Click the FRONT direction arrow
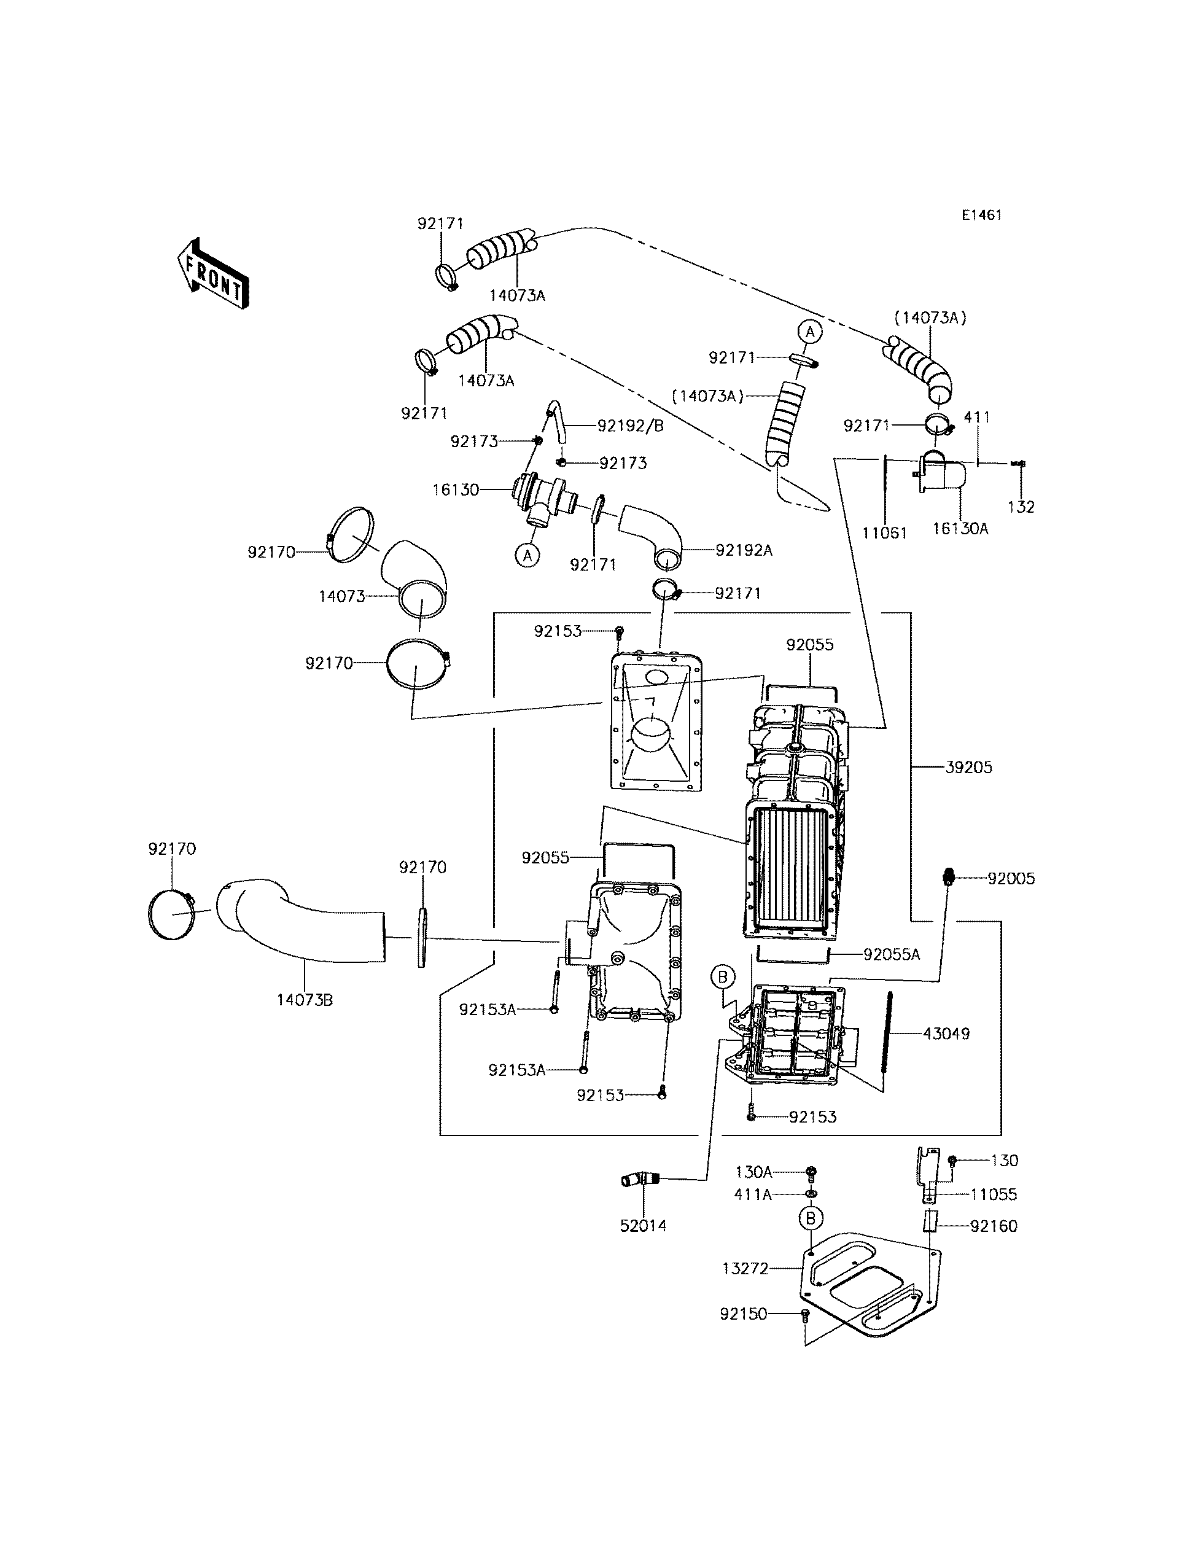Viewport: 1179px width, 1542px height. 212,274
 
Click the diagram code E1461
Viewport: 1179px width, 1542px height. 981,216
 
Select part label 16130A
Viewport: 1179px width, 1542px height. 960,529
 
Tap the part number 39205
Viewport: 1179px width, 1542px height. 968,767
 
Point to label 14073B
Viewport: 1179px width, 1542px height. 305,1000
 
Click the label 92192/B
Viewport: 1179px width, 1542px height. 630,426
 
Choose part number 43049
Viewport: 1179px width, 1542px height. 946,1033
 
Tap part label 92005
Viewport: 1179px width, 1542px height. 1011,878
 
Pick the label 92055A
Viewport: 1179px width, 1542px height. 891,954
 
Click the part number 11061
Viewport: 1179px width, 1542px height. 885,532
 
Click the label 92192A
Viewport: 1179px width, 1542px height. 744,550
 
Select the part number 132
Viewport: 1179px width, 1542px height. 1021,507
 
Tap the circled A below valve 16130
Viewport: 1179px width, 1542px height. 527,555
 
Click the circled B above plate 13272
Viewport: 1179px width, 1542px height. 811,1218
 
